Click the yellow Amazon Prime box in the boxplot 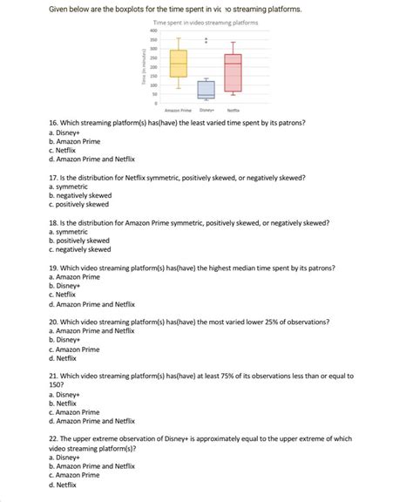tap(179, 64)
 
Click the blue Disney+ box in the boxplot tap(206, 89)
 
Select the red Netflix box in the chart tap(233, 73)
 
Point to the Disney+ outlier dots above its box tap(206, 40)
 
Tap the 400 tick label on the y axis tap(152, 31)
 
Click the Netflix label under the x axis tap(233, 111)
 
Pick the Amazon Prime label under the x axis tap(178, 111)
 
